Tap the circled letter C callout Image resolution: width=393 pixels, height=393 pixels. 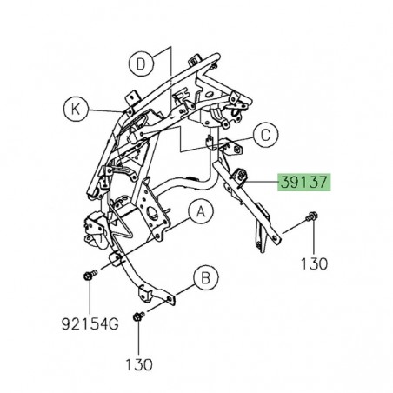pyautogui.click(x=266, y=134)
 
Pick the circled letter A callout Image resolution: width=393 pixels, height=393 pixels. pyautogui.click(x=200, y=211)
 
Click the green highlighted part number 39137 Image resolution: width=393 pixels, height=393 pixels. pyautogui.click(x=303, y=183)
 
